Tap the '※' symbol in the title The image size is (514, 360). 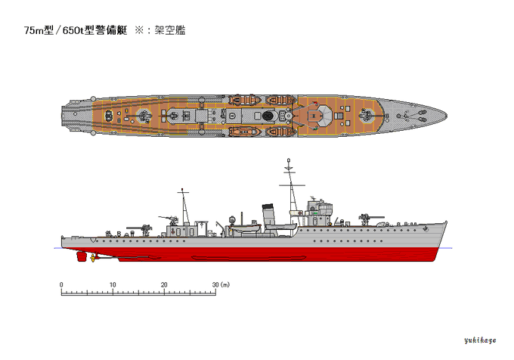coord(139,31)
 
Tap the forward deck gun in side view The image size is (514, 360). coord(370,218)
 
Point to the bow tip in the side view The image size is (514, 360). coord(447,222)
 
